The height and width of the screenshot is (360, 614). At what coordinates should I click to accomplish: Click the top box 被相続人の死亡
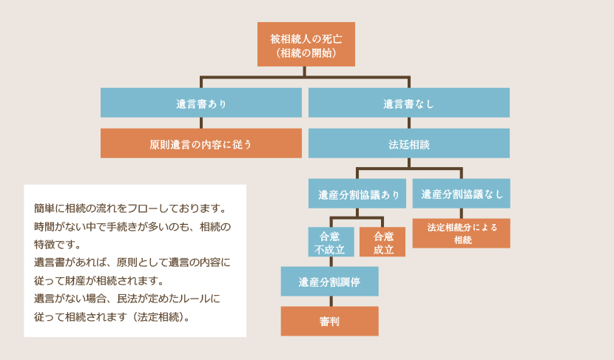click(x=306, y=44)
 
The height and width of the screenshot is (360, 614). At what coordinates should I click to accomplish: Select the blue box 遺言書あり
click(x=201, y=103)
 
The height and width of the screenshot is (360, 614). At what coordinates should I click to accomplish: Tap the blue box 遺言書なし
click(x=408, y=103)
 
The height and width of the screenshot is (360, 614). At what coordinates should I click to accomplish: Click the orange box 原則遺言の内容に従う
click(x=201, y=143)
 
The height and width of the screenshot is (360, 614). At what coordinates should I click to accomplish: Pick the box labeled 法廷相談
click(x=408, y=143)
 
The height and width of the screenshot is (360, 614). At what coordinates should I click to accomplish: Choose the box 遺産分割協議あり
click(x=357, y=194)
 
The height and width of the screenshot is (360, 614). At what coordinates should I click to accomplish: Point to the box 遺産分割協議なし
click(x=461, y=194)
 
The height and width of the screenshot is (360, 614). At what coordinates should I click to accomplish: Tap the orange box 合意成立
click(x=382, y=242)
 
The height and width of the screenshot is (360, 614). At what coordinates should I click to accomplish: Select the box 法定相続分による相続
click(x=461, y=233)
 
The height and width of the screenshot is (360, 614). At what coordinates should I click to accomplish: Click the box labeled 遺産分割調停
click(x=329, y=282)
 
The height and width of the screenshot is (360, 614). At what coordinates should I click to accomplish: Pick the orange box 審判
click(x=329, y=321)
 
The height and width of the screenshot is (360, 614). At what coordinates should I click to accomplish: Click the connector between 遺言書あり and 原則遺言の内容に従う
click(x=201, y=123)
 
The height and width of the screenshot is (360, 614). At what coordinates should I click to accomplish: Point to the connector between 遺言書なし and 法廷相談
click(x=408, y=123)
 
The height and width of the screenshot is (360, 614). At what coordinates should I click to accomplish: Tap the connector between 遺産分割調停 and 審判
click(x=329, y=301)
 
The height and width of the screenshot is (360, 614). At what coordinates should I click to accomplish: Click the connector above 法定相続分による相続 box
click(x=461, y=213)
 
